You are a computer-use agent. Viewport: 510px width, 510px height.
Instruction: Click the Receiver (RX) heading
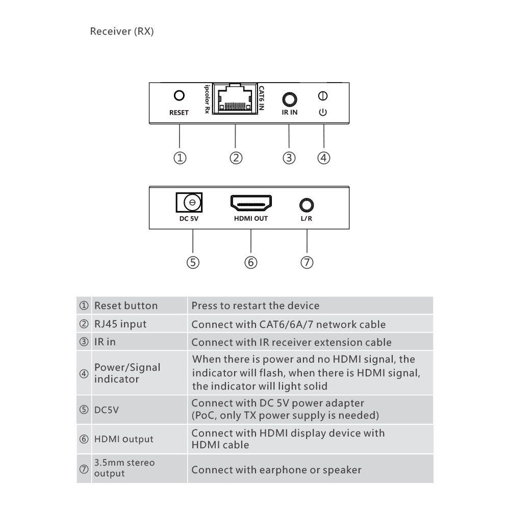[x=122, y=31]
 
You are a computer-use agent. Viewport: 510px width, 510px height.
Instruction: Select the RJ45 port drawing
[x=235, y=98]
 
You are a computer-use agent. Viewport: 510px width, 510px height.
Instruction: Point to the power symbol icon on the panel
[x=323, y=112]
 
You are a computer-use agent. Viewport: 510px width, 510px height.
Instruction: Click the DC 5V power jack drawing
[x=189, y=202]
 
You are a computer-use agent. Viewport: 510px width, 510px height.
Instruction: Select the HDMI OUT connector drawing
[x=251, y=203]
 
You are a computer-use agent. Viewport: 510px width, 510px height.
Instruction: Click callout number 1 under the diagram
[x=180, y=158]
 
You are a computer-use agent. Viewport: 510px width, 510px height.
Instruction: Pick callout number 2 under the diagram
[x=236, y=158]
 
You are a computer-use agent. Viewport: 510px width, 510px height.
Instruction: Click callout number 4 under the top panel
[x=324, y=158]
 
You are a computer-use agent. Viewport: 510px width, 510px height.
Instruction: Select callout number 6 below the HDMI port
[x=251, y=262]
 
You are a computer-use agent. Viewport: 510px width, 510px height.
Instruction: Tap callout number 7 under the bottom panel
[x=307, y=262]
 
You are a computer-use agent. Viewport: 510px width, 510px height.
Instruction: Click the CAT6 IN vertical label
[x=261, y=98]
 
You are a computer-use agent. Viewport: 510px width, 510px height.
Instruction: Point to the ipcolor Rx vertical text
[x=207, y=99]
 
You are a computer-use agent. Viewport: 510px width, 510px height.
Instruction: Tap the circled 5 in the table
[x=84, y=410]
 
